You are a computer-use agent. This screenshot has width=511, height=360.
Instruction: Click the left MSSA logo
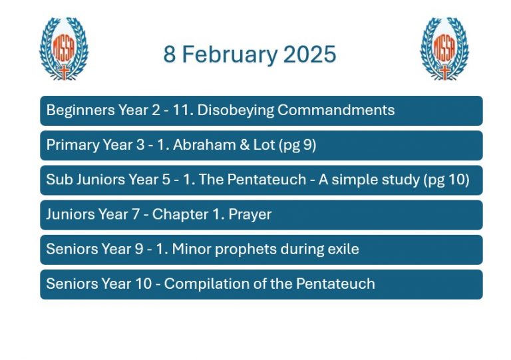64,49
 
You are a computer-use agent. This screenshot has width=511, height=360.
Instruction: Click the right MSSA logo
444,49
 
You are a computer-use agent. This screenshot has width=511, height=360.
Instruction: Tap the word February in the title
230,55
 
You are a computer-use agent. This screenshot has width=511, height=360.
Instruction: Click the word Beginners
81,110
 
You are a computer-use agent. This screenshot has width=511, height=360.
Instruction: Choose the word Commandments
336,110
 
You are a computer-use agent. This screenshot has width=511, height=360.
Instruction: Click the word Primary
73,145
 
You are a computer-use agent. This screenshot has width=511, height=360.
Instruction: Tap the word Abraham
204,144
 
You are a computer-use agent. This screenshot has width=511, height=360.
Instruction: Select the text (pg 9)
297,145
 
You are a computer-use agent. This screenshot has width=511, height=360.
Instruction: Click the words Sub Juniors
86,180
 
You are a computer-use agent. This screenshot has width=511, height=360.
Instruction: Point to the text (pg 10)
446,180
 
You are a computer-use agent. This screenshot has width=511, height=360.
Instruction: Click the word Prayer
250,215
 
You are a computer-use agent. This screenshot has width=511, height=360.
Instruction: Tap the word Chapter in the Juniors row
180,214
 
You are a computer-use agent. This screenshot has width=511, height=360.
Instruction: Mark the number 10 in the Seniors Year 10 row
144,283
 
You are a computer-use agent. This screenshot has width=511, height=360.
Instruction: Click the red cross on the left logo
64,73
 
